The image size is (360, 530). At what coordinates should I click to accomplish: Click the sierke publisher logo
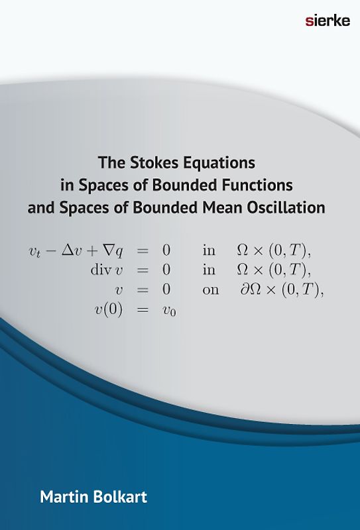[x=327, y=21]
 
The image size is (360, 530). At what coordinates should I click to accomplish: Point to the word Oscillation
[x=285, y=207]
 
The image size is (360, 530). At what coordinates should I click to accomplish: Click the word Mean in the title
[x=219, y=207]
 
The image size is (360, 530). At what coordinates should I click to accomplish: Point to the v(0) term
[x=107, y=309]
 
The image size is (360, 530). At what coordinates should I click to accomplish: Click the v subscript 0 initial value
[x=169, y=310]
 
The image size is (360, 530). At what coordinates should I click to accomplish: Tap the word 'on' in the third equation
[x=210, y=290]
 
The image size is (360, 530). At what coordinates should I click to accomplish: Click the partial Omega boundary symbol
[x=254, y=290]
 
